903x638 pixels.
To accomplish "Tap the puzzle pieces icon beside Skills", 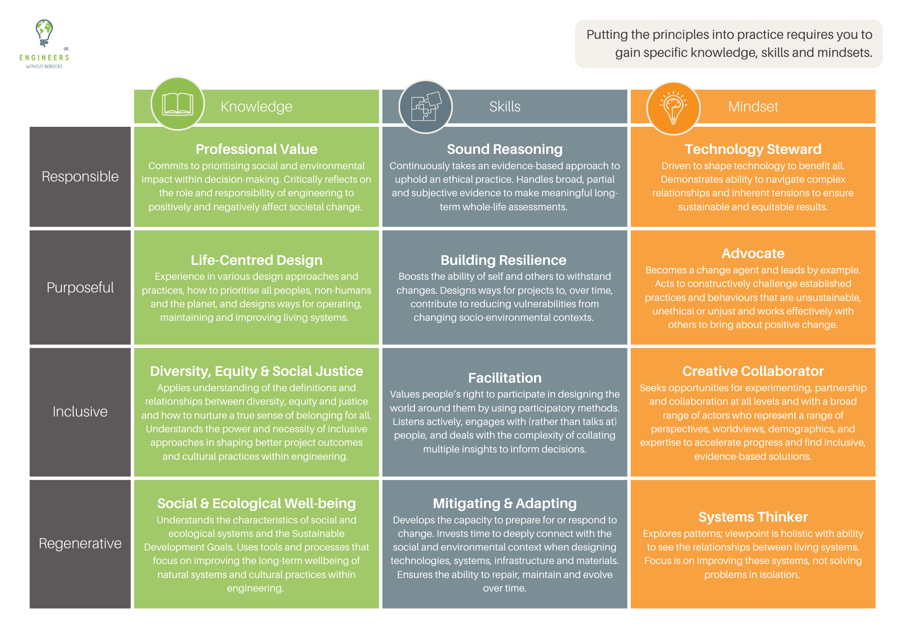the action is (426, 106).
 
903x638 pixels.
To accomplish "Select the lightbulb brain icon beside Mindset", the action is (673, 107).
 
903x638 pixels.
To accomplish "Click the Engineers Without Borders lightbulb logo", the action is (44, 33).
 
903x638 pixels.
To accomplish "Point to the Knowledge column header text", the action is (256, 106).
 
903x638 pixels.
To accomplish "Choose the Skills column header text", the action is (505, 106).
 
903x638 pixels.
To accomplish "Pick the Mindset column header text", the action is (753, 106).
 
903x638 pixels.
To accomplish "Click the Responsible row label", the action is (80, 176).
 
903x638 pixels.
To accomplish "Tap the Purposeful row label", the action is (80, 287).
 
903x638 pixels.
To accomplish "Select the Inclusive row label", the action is (80, 411).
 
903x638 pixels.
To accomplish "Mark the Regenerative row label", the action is (80, 543).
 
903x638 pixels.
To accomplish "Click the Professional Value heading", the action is (256, 149).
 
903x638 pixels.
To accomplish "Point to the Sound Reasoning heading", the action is (505, 149).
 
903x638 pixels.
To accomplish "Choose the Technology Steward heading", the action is (753, 149).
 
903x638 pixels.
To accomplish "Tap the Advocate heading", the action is (753, 253).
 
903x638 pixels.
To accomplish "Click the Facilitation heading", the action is (505, 378).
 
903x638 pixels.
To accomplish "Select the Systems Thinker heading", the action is (753, 517).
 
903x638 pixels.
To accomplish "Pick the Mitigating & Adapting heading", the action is (505, 503).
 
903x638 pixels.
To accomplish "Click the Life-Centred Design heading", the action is (256, 260).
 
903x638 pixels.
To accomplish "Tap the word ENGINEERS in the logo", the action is (44, 58).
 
